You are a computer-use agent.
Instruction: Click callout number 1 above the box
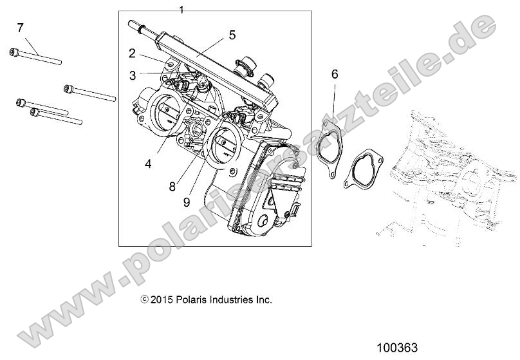(x=181, y=9)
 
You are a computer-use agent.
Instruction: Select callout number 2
(x=132, y=53)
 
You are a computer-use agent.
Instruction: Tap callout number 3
(x=132, y=75)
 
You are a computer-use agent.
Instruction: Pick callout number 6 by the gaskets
(x=334, y=74)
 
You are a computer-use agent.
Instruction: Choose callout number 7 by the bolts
(x=20, y=27)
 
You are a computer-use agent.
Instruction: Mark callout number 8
(x=172, y=187)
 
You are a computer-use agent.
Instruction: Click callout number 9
(x=186, y=202)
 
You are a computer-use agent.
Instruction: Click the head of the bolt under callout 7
(x=13, y=52)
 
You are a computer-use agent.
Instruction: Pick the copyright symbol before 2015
(x=145, y=299)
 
